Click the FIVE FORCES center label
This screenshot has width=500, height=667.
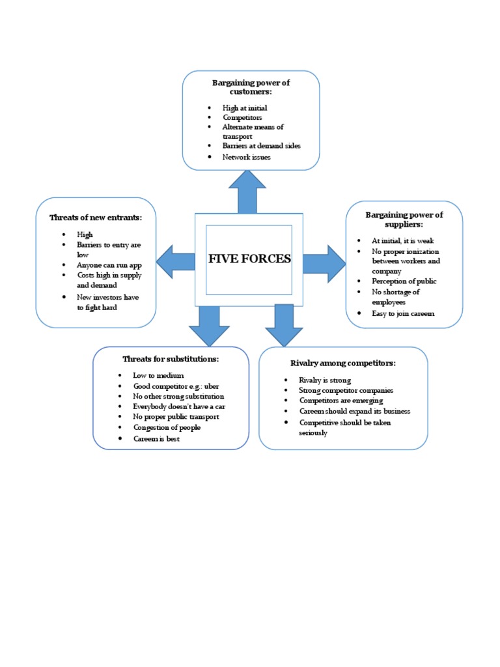pos(249,259)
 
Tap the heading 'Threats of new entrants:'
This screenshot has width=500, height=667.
pos(96,218)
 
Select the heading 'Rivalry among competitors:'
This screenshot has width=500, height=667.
pos(343,363)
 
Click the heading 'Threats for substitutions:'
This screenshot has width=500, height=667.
pos(171,359)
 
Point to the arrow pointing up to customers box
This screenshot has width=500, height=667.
pos(247,192)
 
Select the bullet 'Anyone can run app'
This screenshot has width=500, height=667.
pos(109,265)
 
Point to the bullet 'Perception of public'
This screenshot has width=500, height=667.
pos(404,281)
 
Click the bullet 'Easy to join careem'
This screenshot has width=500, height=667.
pos(403,313)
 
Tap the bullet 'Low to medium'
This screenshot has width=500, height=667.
pos(158,375)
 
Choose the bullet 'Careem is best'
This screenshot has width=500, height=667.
pos(156,438)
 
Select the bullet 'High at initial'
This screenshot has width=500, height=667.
pos(245,108)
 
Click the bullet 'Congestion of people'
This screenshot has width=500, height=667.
pos(167,427)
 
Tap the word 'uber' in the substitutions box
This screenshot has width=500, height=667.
pos(213,386)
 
